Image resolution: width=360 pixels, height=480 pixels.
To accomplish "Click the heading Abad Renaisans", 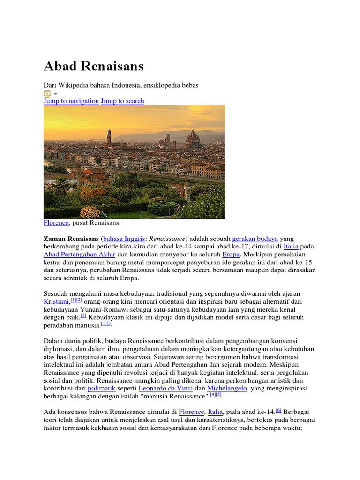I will click(x=93, y=66).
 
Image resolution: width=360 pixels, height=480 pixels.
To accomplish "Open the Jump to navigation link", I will click(x=71, y=101).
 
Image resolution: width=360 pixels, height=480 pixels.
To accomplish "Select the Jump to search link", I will click(x=123, y=101).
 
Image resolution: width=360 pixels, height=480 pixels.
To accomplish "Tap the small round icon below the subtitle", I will click(x=47, y=93).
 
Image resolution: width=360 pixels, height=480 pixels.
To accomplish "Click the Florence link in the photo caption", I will click(x=56, y=223).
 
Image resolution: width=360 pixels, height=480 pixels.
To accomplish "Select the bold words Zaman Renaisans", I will click(x=71, y=239).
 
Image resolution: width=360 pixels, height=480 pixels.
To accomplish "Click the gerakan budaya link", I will click(x=255, y=239).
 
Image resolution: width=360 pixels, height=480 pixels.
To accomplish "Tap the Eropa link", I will click(x=231, y=255).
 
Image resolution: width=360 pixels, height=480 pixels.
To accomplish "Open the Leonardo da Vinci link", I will click(x=165, y=389).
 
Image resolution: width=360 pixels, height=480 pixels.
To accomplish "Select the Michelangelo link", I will click(x=227, y=389).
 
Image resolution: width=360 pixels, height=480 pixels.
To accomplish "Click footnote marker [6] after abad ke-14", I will click(x=278, y=410).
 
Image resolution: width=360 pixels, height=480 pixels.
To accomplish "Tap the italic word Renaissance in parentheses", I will click(x=168, y=239).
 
